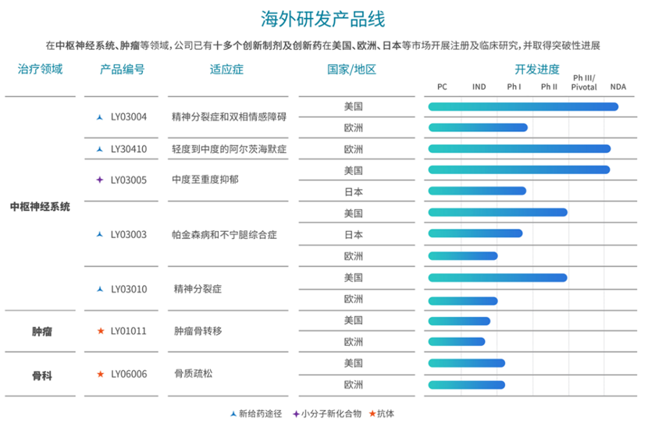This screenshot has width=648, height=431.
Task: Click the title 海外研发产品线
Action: [323, 19]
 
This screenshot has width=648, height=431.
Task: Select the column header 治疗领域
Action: [40, 69]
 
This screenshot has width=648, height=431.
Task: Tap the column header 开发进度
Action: [536, 69]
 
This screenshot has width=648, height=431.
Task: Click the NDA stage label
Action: [618, 87]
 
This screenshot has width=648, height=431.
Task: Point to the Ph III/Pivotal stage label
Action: [584, 83]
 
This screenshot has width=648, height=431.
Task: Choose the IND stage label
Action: [479, 87]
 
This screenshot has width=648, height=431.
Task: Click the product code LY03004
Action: [129, 117]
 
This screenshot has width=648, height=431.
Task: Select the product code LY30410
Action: [129, 149]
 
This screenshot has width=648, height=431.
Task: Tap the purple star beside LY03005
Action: [99, 180]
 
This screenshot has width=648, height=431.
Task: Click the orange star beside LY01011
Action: [99, 331]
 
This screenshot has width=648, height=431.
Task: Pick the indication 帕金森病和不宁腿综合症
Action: [224, 234]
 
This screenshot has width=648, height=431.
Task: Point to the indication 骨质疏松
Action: [194, 374]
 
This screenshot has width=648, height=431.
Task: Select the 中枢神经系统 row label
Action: [40, 207]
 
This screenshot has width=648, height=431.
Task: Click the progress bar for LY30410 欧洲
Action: [519, 149]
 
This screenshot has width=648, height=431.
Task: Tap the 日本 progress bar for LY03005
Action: [477, 191]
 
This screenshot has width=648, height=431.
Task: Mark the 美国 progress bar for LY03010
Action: [497, 277]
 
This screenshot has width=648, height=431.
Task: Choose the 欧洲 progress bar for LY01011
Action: [457, 341]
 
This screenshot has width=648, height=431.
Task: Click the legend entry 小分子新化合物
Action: [331, 413]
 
